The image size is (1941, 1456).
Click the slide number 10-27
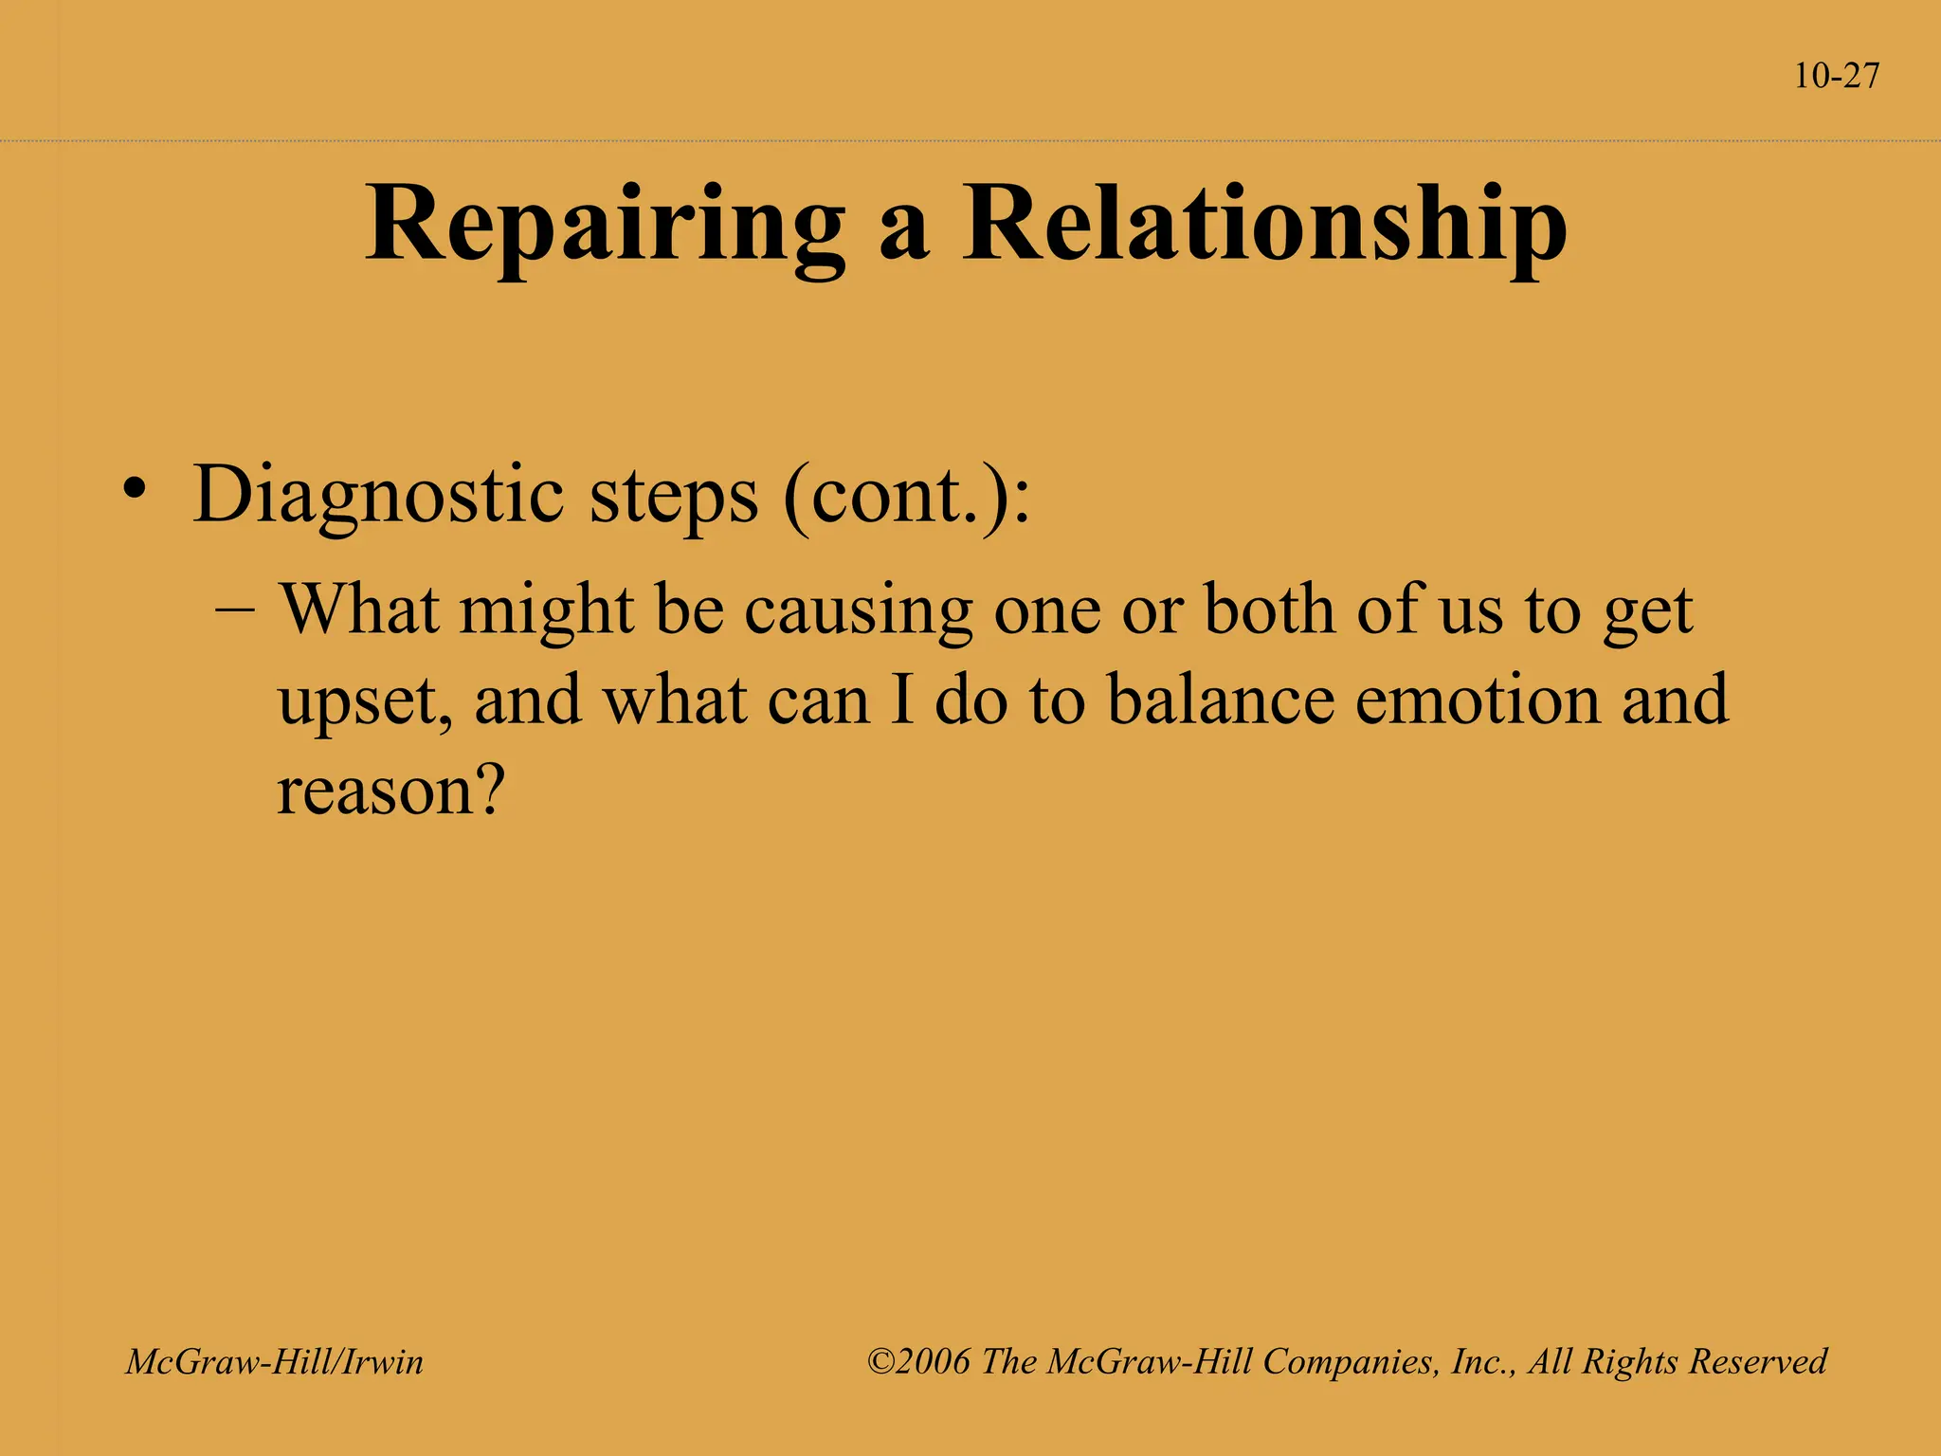pyautogui.click(x=1836, y=76)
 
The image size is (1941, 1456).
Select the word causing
pyautogui.click(x=858, y=611)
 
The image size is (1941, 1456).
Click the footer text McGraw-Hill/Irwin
pyautogui.click(x=275, y=1362)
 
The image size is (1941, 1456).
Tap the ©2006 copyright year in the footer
pyautogui.click(x=918, y=1362)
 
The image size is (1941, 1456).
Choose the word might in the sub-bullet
pyautogui.click(x=546, y=611)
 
